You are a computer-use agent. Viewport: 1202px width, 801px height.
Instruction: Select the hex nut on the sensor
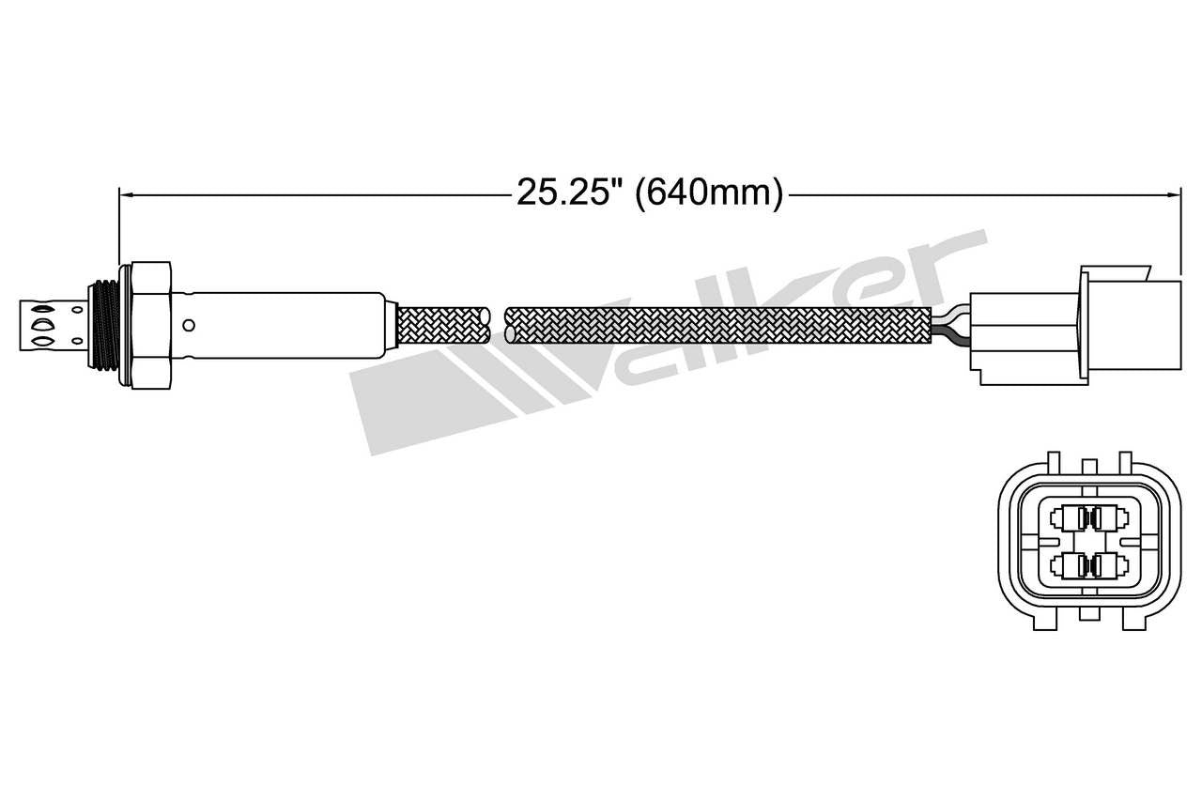coord(149,325)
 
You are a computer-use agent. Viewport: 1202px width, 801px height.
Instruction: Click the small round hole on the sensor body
coord(189,326)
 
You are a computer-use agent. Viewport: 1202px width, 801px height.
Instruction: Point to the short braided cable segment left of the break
coord(444,325)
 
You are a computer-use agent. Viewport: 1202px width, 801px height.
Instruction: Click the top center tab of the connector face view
coord(1089,467)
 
